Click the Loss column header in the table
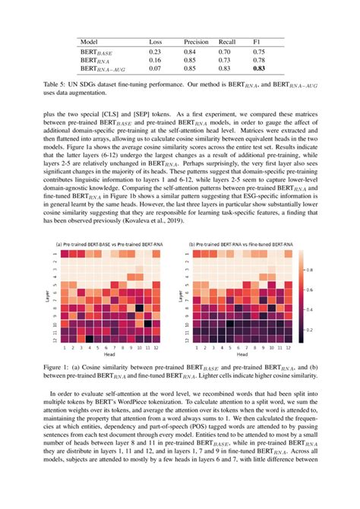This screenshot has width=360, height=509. pos(155,42)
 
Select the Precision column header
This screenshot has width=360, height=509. pos(196,42)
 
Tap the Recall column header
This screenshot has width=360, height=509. pos(229,42)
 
